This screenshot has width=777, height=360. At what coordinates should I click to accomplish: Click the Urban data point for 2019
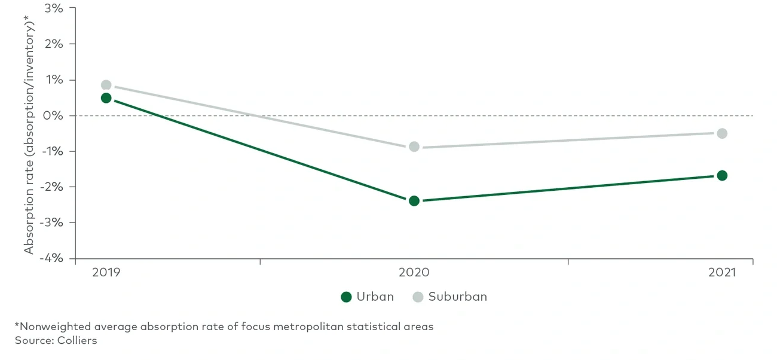coord(106,98)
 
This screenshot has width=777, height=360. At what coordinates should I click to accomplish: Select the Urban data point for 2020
coord(414,200)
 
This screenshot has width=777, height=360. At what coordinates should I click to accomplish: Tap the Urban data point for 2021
coord(722,175)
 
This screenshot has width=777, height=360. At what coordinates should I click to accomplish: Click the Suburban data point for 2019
coord(106,85)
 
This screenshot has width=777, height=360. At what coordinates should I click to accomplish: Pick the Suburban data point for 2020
coord(414,147)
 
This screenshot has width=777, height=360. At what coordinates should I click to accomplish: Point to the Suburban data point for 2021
coord(722,133)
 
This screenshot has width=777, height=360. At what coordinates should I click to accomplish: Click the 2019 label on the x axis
coord(106,273)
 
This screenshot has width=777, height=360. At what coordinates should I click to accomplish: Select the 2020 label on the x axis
coord(414,273)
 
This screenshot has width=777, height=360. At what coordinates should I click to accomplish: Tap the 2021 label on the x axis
coord(722,273)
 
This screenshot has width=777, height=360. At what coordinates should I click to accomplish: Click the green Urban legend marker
coord(346,297)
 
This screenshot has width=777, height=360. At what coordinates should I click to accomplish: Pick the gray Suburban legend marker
coord(418,297)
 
